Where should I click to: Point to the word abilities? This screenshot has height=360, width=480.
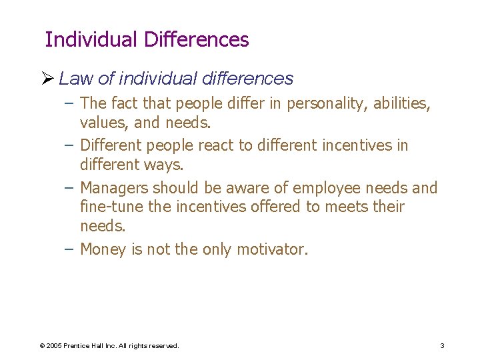tap(400, 105)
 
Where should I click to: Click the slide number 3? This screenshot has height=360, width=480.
tap(442, 346)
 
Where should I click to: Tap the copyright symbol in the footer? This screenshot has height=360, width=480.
tap(42, 346)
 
